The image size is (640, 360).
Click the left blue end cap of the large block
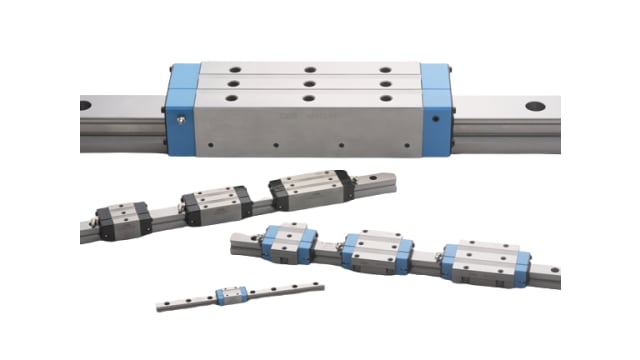coord(181,111)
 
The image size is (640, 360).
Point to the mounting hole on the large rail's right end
coord(535,105)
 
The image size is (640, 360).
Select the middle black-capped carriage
coord(216,203)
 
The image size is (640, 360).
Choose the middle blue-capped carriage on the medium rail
coord(376,253)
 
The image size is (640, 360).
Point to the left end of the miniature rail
coord(160,305)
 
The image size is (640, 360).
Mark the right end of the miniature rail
coord(319,286)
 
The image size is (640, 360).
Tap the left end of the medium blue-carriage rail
coord(235,242)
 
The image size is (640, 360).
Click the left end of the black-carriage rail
coord(84,235)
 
